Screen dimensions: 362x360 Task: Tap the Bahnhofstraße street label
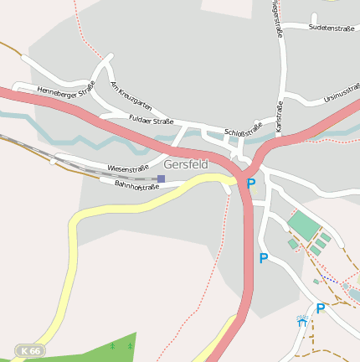point(136,185)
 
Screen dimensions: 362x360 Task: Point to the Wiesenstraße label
point(127,168)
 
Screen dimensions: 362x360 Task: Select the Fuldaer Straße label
point(151,121)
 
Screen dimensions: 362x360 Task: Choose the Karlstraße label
point(279,116)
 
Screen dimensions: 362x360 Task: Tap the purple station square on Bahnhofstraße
point(161,178)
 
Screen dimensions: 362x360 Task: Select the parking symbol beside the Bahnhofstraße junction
point(250,184)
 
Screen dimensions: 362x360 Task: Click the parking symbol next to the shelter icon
point(320,308)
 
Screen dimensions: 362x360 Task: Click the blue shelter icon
point(301,321)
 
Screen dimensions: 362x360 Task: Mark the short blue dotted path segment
point(330,279)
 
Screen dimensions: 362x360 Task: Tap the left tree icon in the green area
point(112,344)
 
